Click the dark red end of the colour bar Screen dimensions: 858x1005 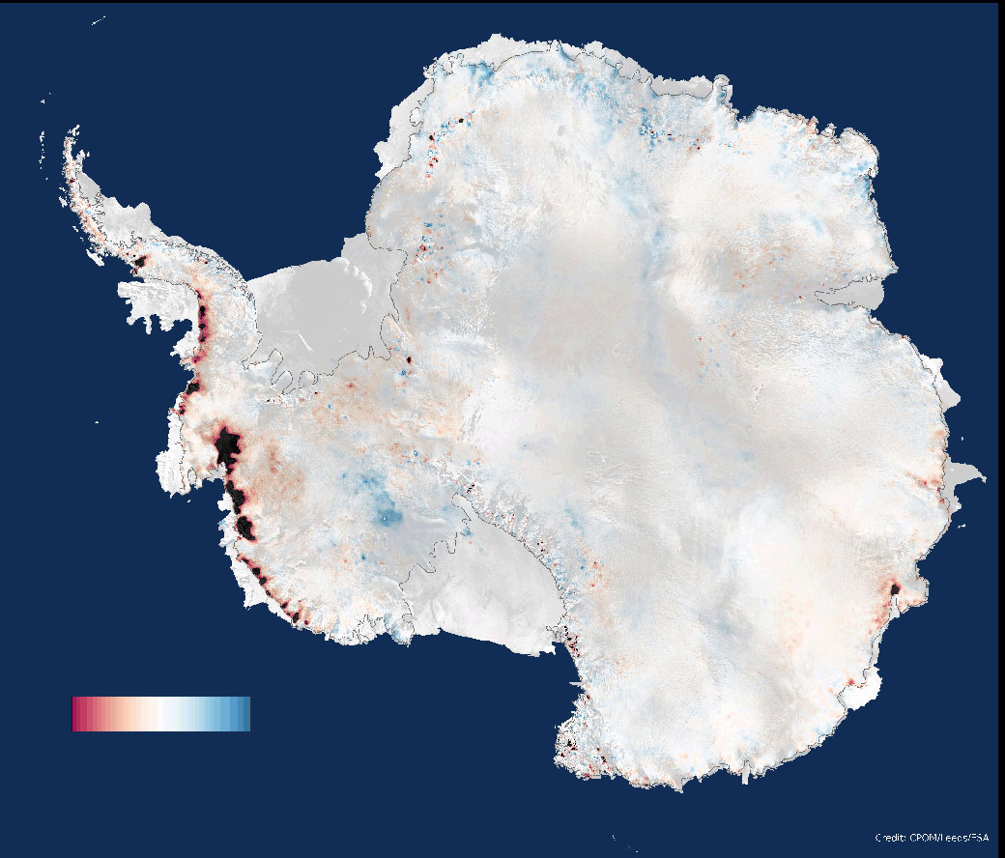77,714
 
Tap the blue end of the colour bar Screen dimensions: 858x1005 244,714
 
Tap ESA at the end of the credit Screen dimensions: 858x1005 980,838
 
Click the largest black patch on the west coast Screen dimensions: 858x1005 228,449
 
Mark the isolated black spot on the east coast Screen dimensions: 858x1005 895,587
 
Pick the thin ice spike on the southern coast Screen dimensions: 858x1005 745,773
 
